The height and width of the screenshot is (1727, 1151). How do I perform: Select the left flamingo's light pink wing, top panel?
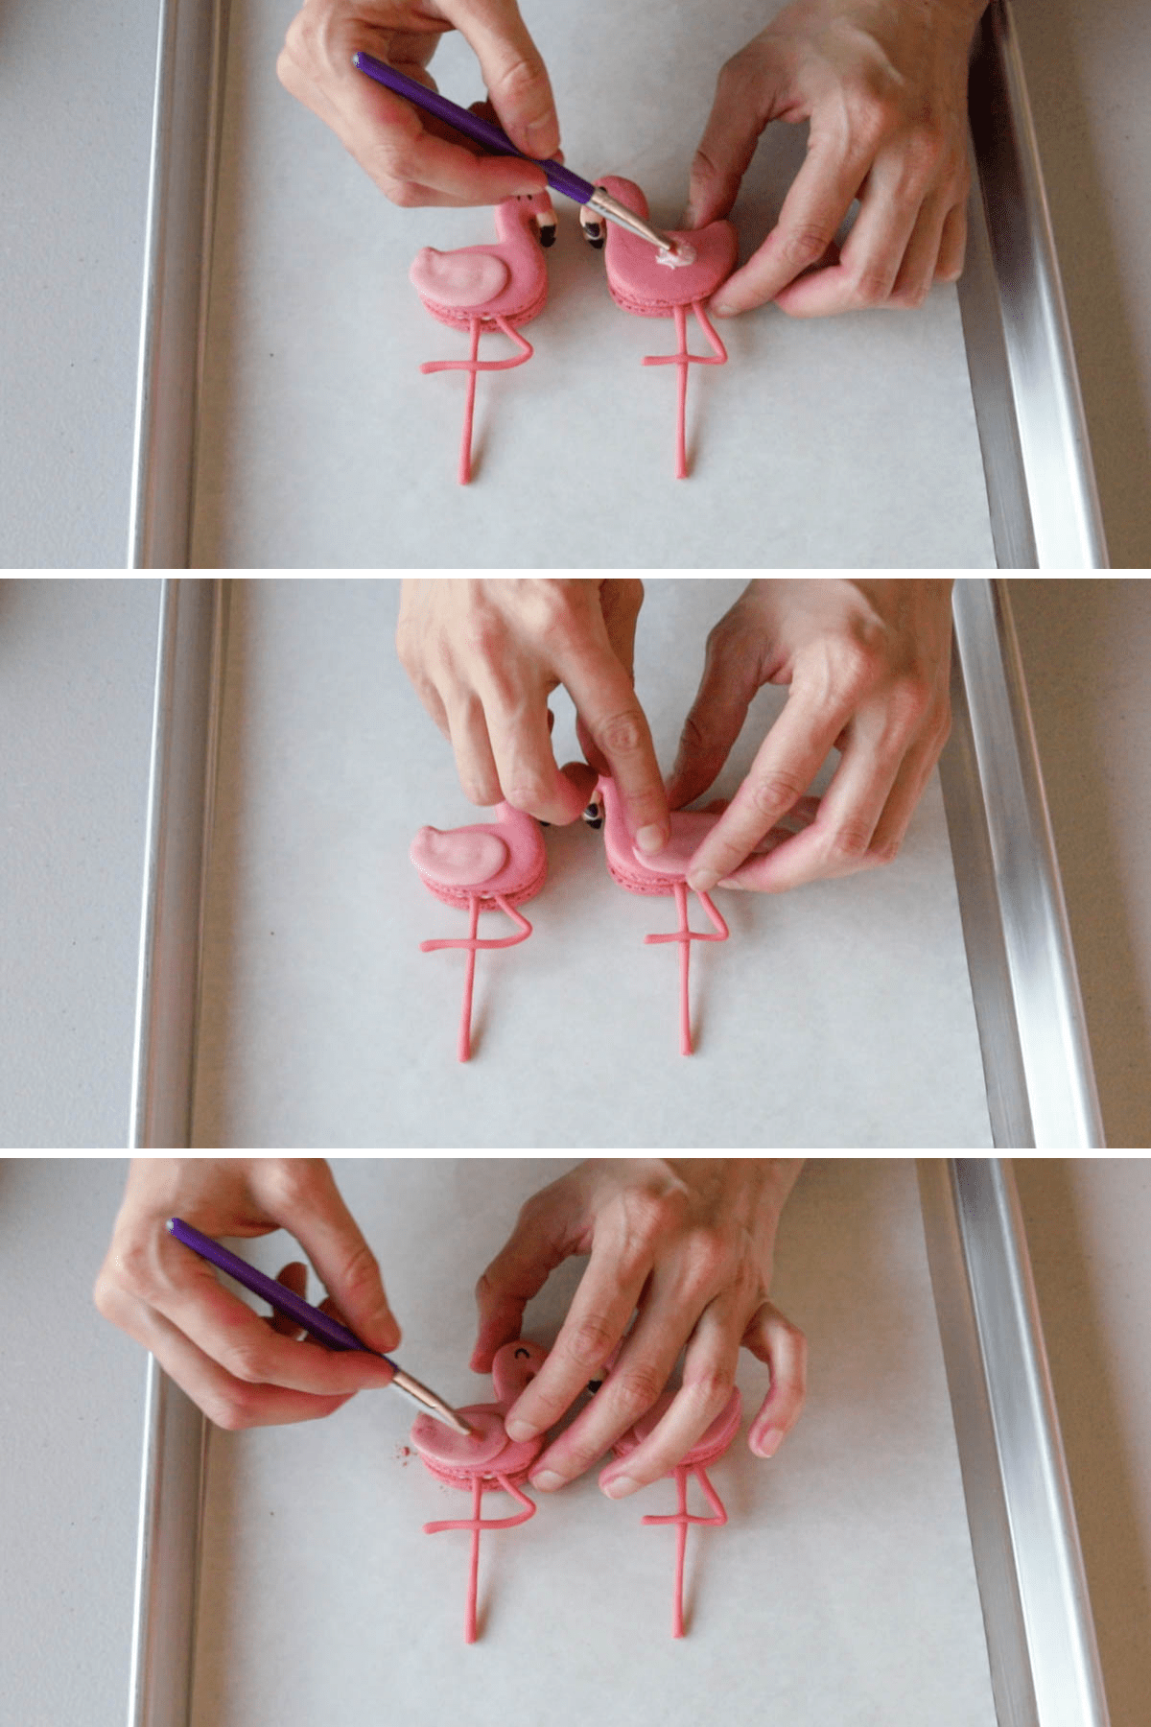coord(464,278)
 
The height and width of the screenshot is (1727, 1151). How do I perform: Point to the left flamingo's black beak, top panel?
coord(547,233)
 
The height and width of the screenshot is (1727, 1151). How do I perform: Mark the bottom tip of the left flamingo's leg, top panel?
coord(464,478)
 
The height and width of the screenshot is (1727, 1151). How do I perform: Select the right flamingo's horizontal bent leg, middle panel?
coord(671,935)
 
